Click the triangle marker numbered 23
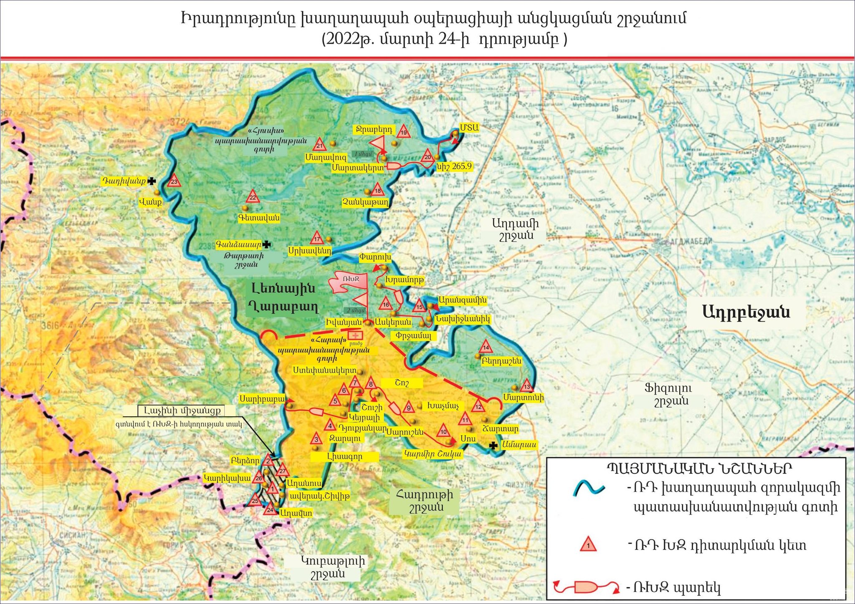[174, 181]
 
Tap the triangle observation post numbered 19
[404, 132]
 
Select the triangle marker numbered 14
[486, 347]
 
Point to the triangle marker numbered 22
[253, 197]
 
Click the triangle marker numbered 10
[443, 430]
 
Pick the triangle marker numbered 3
[316, 438]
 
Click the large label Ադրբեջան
[746, 312]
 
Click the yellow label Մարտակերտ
[358, 168]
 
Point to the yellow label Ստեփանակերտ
[324, 370]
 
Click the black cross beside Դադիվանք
[152, 181]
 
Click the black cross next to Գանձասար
[266, 244]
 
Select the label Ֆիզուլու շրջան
[668, 395]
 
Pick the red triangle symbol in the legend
[588, 545]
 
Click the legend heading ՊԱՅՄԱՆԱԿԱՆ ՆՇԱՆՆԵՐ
[698, 468]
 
